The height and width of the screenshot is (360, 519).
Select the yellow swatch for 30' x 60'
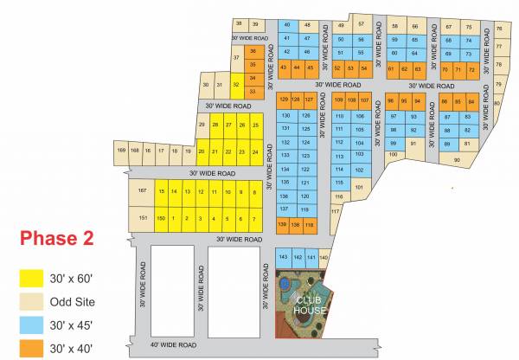[32, 279]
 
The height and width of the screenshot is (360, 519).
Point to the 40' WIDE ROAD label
[172, 344]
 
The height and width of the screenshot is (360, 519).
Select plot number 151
[141, 218]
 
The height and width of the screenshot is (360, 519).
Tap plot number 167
[141, 191]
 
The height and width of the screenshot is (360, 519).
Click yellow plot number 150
[161, 218]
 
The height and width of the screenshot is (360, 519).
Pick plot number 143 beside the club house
[282, 257]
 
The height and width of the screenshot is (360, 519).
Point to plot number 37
[236, 58]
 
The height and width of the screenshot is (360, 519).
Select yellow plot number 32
[235, 85]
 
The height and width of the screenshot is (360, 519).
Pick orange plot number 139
[282, 224]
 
